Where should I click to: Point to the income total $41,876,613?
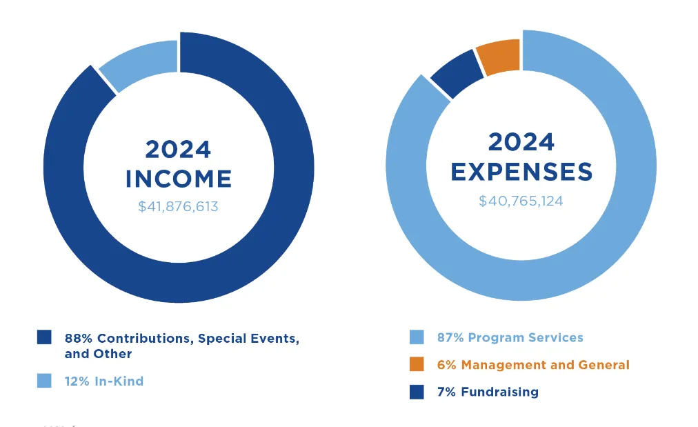(x=178, y=206)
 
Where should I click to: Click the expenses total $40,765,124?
(x=521, y=201)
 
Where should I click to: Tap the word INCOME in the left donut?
(x=178, y=179)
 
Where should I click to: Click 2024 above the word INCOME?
(x=178, y=150)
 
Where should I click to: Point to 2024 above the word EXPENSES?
(x=521, y=142)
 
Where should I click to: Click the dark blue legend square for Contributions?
(x=44, y=337)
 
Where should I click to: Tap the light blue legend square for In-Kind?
(x=44, y=381)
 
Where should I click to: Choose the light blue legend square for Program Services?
(x=417, y=337)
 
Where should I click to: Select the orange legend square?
(x=417, y=364)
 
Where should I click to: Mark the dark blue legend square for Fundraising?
(x=417, y=392)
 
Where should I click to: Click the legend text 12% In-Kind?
(x=104, y=381)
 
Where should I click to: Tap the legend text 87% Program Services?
(x=510, y=337)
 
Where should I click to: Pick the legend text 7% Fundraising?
(x=488, y=392)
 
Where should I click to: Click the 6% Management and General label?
(x=533, y=364)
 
